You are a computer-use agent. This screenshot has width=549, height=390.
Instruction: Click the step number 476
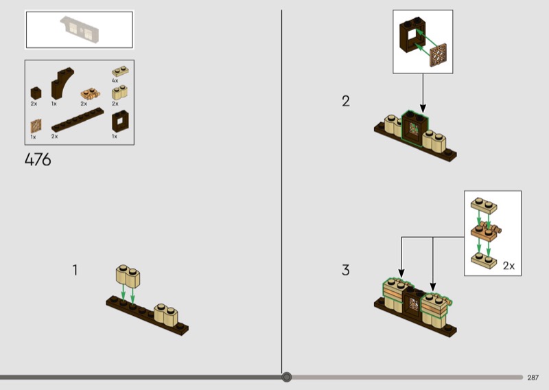(x=38, y=160)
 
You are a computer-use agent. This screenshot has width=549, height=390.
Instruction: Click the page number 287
(x=533, y=378)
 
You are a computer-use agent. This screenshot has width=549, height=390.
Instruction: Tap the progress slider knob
(x=286, y=377)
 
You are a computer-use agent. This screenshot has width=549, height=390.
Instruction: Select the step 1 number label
(x=75, y=270)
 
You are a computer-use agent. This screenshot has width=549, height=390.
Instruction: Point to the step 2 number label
(x=346, y=101)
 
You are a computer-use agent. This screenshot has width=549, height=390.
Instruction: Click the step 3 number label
(x=346, y=270)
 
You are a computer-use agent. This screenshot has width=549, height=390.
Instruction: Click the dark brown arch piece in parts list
(x=62, y=83)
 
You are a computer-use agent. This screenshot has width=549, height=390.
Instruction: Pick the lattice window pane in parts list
(x=36, y=126)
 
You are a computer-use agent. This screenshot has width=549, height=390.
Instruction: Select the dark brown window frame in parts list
(x=120, y=122)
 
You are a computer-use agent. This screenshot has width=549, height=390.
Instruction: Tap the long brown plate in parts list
(x=78, y=119)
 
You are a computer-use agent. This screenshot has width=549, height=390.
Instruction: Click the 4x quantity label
(x=115, y=80)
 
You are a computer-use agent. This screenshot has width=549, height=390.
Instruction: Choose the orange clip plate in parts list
(x=91, y=94)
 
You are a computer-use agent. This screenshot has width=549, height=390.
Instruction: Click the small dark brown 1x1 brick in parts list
(x=36, y=93)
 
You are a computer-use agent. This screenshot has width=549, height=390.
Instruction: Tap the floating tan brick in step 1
(x=128, y=276)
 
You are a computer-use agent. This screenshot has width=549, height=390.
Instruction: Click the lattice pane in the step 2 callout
(x=439, y=55)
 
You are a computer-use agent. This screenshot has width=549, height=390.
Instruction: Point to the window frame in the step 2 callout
(x=412, y=35)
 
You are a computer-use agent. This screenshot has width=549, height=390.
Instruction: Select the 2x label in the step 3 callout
(x=509, y=266)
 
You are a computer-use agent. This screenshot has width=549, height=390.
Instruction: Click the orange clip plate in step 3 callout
(x=486, y=231)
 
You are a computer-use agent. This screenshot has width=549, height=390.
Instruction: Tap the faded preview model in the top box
(x=80, y=29)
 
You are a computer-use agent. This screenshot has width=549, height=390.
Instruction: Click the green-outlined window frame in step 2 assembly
(x=415, y=128)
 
